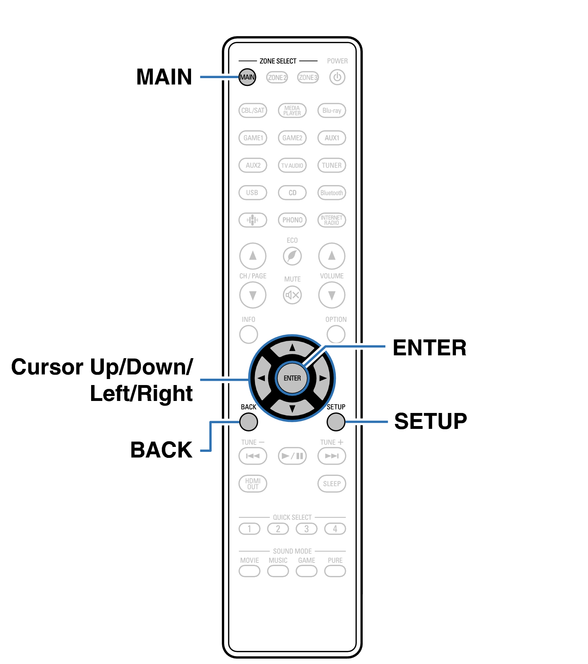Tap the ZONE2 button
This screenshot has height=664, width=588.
point(277,77)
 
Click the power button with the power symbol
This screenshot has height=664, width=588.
point(337,77)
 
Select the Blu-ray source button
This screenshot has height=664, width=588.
point(332,110)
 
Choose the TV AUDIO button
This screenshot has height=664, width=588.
point(292,165)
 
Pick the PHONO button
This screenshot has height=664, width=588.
point(292,220)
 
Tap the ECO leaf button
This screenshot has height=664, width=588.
point(292,256)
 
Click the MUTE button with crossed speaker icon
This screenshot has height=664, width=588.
point(292,295)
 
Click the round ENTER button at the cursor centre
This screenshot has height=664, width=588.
point(292,378)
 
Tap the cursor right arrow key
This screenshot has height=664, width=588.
point(322,378)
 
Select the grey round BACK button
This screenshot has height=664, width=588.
point(249,422)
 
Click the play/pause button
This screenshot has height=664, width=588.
point(292,456)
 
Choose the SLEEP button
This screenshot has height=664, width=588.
point(332,484)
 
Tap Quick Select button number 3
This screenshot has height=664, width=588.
point(307,529)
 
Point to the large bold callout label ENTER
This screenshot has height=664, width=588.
point(429,348)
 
